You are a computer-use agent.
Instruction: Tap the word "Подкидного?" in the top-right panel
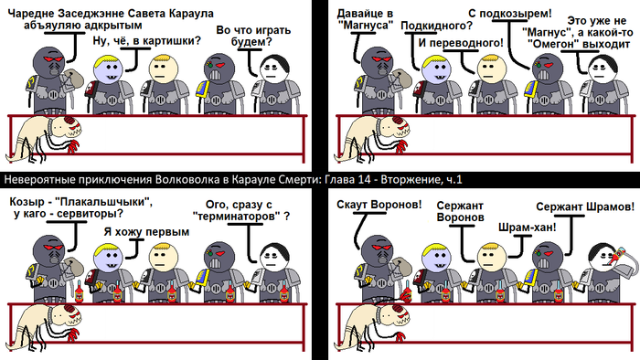pyautogui.click(x=437, y=26)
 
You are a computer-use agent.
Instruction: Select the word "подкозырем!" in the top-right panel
pyautogui.click(x=516, y=14)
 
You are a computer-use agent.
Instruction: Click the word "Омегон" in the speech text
pyautogui.click(x=556, y=43)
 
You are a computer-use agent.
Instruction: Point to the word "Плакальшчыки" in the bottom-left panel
pyautogui.click(x=103, y=202)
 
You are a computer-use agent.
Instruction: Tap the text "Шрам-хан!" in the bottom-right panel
pyautogui.click(x=528, y=228)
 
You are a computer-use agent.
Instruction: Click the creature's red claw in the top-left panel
pyautogui.click(x=72, y=146)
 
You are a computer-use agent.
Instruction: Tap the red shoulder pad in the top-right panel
pyautogui.click(x=419, y=90)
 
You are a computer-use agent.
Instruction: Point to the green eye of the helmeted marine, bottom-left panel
pyautogui.click(x=210, y=253)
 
